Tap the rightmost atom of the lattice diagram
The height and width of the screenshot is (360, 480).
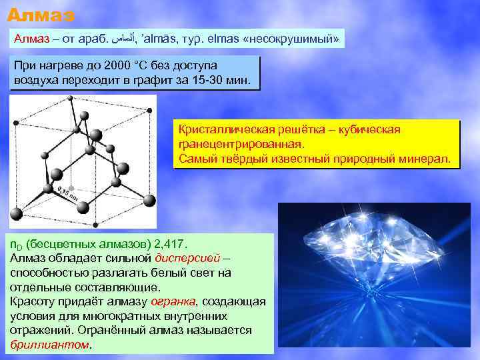pyautogui.click(x=150, y=199)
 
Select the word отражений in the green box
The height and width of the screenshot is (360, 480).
pyautogui.click(x=41, y=331)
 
